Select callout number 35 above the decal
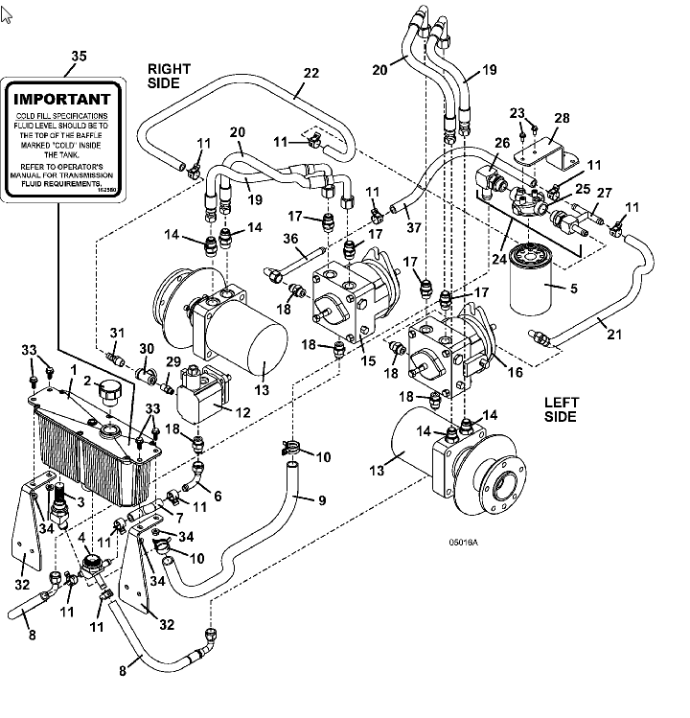(x=77, y=57)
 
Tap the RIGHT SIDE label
(x=169, y=76)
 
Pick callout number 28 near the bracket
(x=562, y=118)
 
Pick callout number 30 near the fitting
(x=146, y=349)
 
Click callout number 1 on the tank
(x=73, y=370)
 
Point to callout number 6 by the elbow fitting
(x=218, y=497)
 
